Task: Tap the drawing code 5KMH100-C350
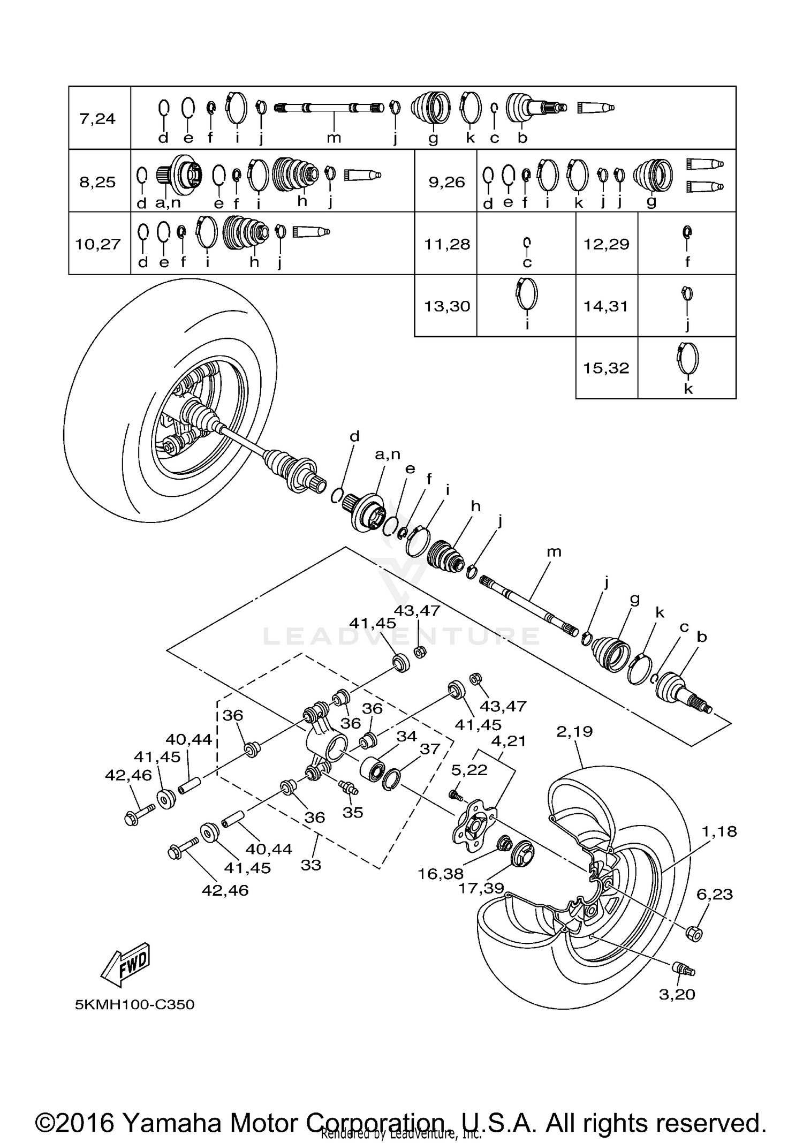134,1004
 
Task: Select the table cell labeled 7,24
97,118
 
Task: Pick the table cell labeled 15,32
606,368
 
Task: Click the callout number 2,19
574,731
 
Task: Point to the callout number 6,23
715,894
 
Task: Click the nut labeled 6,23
694,933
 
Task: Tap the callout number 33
311,865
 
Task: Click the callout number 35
353,812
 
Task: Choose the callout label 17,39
481,888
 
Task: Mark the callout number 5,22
469,770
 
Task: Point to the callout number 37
430,749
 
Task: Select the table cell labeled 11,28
447,244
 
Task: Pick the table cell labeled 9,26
447,182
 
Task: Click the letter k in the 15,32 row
688,389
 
